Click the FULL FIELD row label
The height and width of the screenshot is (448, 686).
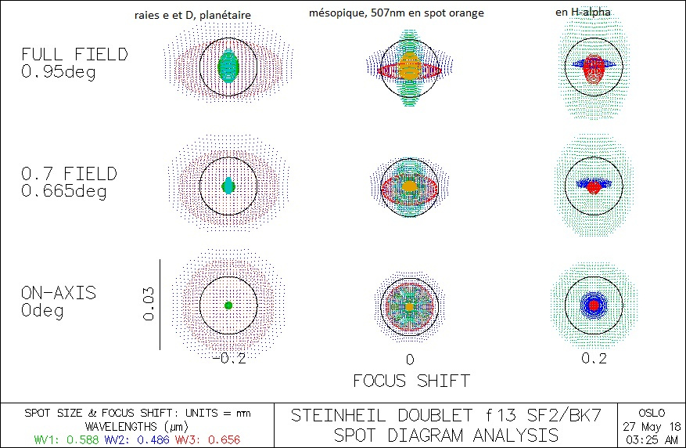click(x=74, y=55)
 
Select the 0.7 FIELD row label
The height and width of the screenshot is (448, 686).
click(x=70, y=173)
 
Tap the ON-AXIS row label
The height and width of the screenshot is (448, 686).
click(x=59, y=293)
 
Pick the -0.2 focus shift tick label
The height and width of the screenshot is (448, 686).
click(x=228, y=359)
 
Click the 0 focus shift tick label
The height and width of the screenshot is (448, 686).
click(x=409, y=359)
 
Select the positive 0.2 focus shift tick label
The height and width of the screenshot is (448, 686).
click(x=594, y=359)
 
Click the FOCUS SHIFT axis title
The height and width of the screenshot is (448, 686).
click(x=411, y=381)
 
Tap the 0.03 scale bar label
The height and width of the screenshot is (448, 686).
click(x=149, y=304)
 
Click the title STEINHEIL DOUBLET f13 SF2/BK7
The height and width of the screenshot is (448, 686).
click(x=445, y=416)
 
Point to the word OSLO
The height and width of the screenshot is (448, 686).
click(x=651, y=413)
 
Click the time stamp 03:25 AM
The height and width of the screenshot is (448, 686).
click(x=651, y=439)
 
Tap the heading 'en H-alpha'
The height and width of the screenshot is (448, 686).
click(x=578, y=13)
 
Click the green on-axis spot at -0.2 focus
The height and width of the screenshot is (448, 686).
click(x=228, y=305)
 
